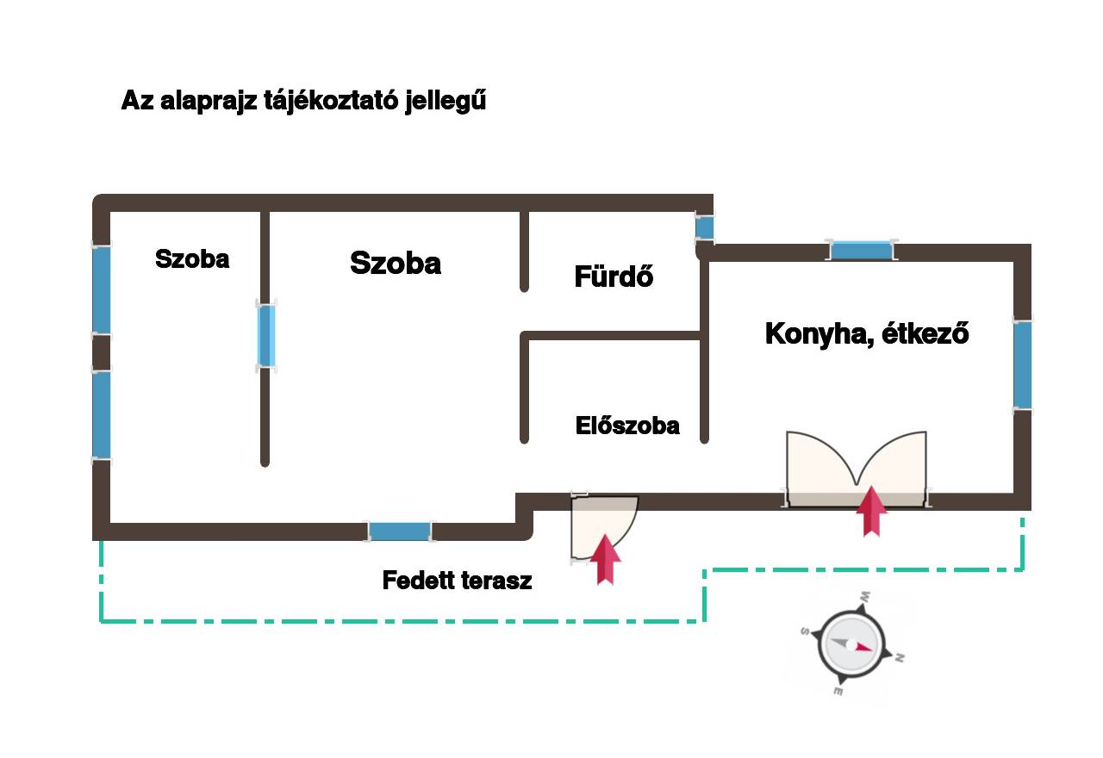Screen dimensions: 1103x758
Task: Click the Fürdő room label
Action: pyautogui.click(x=614, y=276)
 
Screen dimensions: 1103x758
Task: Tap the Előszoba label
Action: pyautogui.click(x=627, y=426)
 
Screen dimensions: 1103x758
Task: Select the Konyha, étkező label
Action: pyautogui.click(x=867, y=334)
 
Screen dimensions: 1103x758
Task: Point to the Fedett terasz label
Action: pyautogui.click(x=457, y=581)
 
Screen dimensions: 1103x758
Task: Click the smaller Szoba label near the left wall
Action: pyautogui.click(x=192, y=259)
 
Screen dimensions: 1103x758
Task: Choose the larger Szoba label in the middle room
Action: pyautogui.click(x=396, y=263)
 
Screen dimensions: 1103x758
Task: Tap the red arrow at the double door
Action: pyautogui.click(x=871, y=512)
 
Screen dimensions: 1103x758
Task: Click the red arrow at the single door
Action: pyautogui.click(x=605, y=560)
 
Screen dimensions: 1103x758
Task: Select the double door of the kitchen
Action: pyautogui.click(x=857, y=470)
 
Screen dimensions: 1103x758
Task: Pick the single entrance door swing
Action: pyautogui.click(x=604, y=527)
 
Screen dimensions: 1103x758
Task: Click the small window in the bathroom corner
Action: pyautogui.click(x=705, y=228)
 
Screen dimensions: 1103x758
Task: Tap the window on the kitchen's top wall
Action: pyautogui.click(x=861, y=251)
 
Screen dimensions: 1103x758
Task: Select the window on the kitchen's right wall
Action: pyautogui.click(x=1022, y=364)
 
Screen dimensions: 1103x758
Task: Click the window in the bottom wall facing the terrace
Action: pyautogui.click(x=400, y=531)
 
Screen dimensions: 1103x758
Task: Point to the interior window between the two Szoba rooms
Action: pyautogui.click(x=266, y=335)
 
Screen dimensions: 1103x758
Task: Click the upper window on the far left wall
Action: pyautogui.click(x=102, y=289)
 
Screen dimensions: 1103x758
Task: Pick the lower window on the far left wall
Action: pyautogui.click(x=102, y=414)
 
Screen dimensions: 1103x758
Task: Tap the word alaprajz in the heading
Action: pyautogui.click(x=209, y=102)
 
